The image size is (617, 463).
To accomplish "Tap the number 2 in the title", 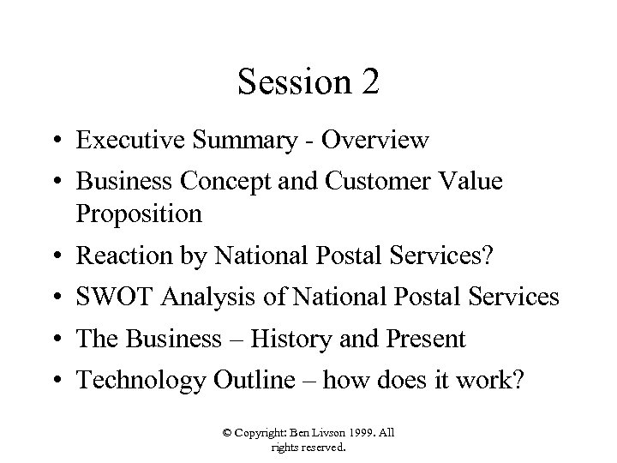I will (x=368, y=83).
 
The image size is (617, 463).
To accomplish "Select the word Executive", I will (x=129, y=141).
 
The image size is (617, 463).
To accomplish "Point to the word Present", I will (x=425, y=340).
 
